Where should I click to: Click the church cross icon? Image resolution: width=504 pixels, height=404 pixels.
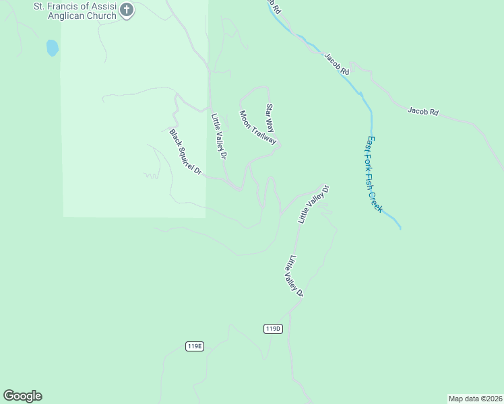click(126, 11)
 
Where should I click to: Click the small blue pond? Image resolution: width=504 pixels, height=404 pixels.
click(52, 48)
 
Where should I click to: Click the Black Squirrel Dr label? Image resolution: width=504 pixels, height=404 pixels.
click(186, 152)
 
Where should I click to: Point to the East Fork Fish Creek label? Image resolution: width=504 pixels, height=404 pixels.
click(374, 174)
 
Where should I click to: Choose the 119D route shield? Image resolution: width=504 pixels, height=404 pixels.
click(272, 329)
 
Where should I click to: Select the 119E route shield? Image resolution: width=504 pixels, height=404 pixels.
click(194, 346)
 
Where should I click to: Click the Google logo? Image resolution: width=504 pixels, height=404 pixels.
click(22, 396)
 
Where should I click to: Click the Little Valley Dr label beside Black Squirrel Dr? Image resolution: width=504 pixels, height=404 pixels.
click(219, 135)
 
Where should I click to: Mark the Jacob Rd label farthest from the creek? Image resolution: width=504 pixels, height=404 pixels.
click(423, 111)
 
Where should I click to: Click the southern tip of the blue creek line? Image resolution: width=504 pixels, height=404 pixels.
click(400, 229)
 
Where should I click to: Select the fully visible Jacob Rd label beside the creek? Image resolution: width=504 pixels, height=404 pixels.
click(336, 64)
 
